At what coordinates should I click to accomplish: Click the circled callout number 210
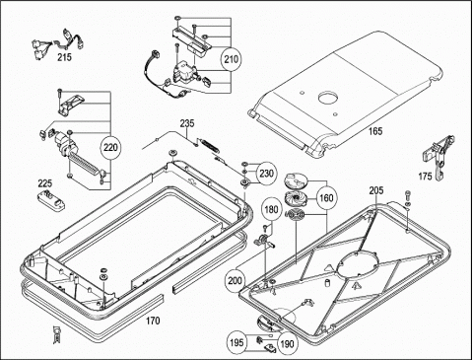pyautogui.click(x=231, y=59)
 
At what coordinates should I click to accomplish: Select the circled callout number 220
pyautogui.click(x=110, y=147)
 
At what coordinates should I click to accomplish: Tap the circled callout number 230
pyautogui.click(x=266, y=174)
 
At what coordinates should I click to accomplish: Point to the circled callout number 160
pyautogui.click(x=326, y=198)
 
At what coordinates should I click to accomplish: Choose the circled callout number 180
pyautogui.click(x=271, y=209)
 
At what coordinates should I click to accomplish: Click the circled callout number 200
pyautogui.click(x=236, y=280)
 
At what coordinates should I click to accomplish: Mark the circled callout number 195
pyautogui.click(x=236, y=342)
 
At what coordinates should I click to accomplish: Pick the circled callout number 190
pyautogui.click(x=287, y=344)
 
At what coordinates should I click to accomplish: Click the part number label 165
pyautogui.click(x=375, y=131)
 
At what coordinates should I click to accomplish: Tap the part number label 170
pyautogui.click(x=153, y=321)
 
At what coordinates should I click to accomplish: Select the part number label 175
pyautogui.click(x=425, y=177)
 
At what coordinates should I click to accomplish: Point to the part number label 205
pyautogui.click(x=375, y=190)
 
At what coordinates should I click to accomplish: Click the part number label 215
pyautogui.click(x=64, y=57)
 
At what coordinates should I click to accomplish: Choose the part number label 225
pyautogui.click(x=45, y=182)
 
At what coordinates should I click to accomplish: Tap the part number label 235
pyautogui.click(x=187, y=123)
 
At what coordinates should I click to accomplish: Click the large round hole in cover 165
pyautogui.click(x=328, y=99)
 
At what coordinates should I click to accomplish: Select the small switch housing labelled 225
pyautogui.click(x=52, y=199)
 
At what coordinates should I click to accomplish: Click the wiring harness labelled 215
pyautogui.click(x=58, y=43)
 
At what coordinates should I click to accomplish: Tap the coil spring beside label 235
pyautogui.click(x=210, y=145)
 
